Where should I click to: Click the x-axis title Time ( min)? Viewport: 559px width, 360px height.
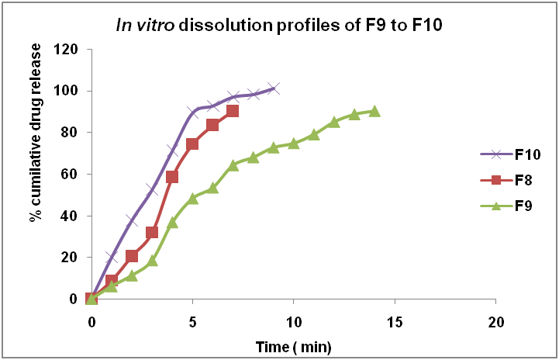[293, 343]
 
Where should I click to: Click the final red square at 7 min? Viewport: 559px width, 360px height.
[233, 111]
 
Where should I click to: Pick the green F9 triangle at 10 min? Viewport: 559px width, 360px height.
[294, 143]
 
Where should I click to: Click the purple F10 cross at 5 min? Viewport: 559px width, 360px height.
[192, 112]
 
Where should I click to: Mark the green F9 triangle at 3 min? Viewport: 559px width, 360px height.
[152, 260]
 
